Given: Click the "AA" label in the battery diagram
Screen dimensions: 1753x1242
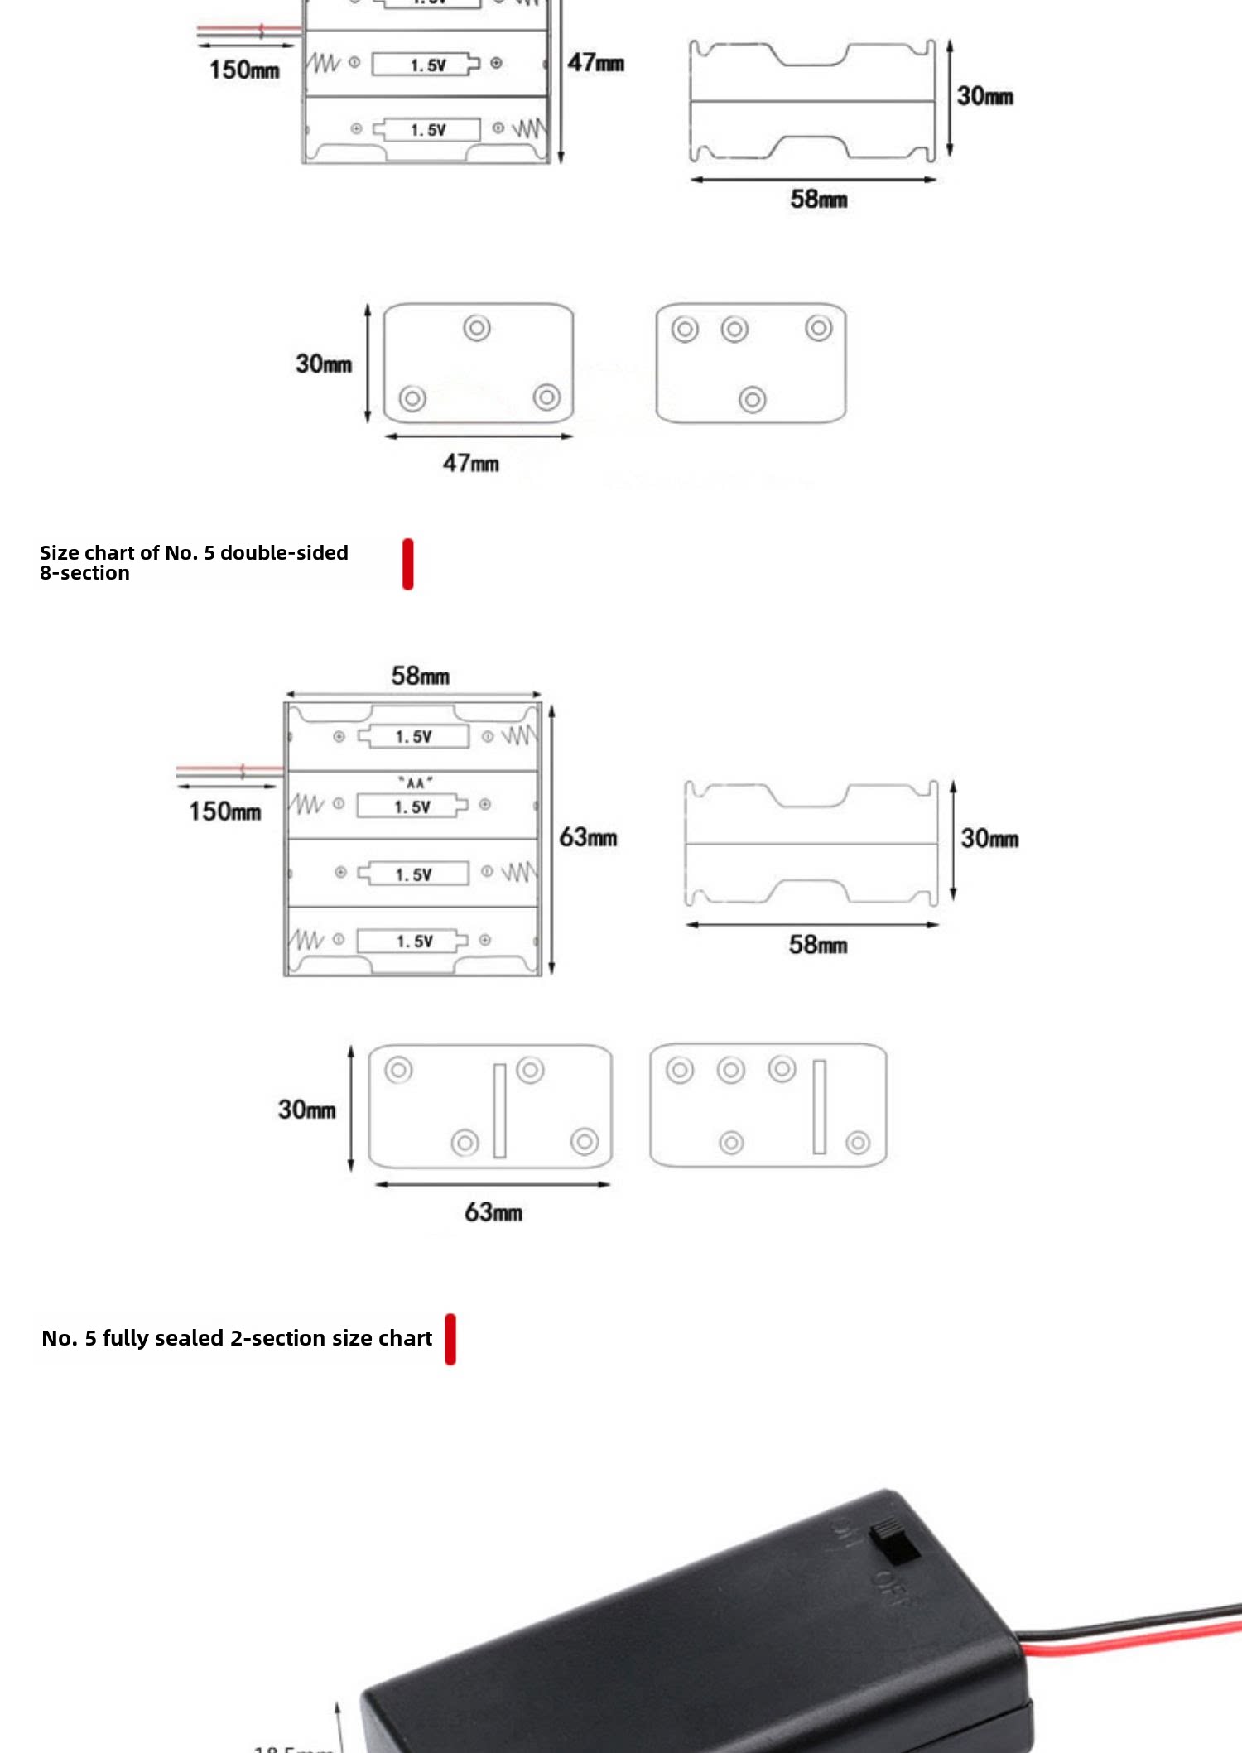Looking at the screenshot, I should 415,783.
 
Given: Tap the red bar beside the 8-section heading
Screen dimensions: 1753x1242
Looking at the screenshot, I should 407,564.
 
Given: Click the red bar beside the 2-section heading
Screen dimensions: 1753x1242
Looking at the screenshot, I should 450,1339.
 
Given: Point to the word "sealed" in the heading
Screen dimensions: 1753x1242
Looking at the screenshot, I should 189,1338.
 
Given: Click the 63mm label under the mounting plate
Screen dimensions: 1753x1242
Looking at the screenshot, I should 493,1212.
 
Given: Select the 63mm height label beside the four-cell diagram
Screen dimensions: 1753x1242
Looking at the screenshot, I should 588,837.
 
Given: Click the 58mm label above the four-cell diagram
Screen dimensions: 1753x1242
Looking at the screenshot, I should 421,676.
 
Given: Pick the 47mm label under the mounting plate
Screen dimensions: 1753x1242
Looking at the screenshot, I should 470,463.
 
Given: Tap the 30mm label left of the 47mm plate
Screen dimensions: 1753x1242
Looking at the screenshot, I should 324,364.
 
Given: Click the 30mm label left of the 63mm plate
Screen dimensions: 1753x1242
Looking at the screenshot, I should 307,1110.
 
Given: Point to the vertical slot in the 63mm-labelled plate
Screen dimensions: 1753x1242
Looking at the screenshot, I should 499,1110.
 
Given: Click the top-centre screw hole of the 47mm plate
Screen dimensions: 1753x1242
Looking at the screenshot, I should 477,328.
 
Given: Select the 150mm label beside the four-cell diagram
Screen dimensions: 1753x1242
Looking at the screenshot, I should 224,811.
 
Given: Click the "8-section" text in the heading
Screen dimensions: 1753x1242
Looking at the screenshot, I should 84,574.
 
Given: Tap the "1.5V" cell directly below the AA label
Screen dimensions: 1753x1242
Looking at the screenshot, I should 412,807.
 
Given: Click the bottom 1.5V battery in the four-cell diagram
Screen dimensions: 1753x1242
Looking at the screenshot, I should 414,941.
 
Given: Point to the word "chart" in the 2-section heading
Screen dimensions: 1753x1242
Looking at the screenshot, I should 405,1338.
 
